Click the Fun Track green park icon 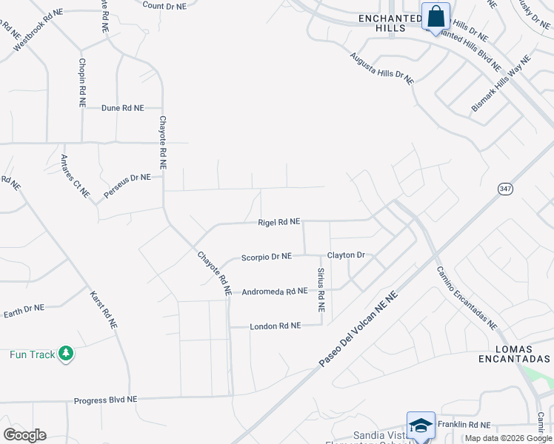tap(67, 354)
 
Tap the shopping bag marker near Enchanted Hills tap(435, 16)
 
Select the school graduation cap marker tap(421, 427)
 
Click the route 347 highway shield tap(504, 189)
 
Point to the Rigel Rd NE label tap(278, 222)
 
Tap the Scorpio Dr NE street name tap(267, 257)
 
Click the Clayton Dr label tap(347, 255)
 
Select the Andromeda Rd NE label tap(274, 292)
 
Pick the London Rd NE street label tap(275, 326)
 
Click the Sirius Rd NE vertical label tap(321, 290)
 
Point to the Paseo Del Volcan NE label tap(358, 328)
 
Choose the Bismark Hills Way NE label tap(501, 84)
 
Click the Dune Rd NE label tap(122, 108)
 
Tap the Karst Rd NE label tap(103, 307)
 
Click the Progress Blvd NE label tap(105, 400)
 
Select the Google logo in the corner tap(24, 435)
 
